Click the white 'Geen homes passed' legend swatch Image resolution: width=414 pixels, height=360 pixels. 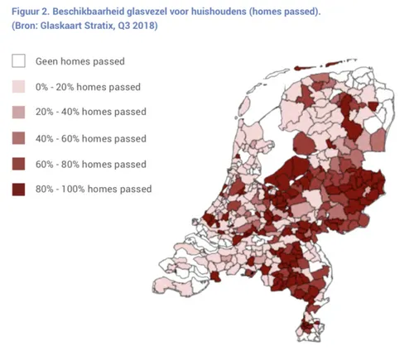pyautogui.click(x=17, y=61)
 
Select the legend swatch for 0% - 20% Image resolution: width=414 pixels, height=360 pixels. pyautogui.click(x=17, y=87)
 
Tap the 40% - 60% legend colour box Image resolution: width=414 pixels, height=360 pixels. pyautogui.click(x=17, y=138)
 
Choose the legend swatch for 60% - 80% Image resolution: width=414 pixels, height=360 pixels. pyautogui.click(x=17, y=164)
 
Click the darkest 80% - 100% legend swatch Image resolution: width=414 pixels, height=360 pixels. pyautogui.click(x=17, y=190)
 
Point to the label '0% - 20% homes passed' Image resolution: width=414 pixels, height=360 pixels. pyautogui.click(x=88, y=87)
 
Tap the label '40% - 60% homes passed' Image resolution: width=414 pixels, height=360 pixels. pyautogui.click(x=90, y=138)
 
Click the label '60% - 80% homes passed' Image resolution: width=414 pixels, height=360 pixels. pyautogui.click(x=90, y=164)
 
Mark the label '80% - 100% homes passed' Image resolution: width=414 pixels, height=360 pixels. pyautogui.click(x=94, y=190)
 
